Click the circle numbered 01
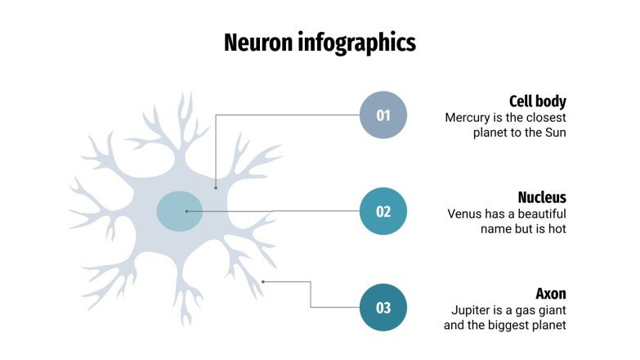tap(383, 115)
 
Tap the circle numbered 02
tap(383, 211)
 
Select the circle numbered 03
tap(383, 308)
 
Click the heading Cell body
tap(537, 101)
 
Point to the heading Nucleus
tap(542, 197)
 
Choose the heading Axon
tap(551, 293)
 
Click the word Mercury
tap(468, 118)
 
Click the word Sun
tap(555, 133)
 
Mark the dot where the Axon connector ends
tap(263, 281)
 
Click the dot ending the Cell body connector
tap(216, 187)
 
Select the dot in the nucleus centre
tap(186, 211)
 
